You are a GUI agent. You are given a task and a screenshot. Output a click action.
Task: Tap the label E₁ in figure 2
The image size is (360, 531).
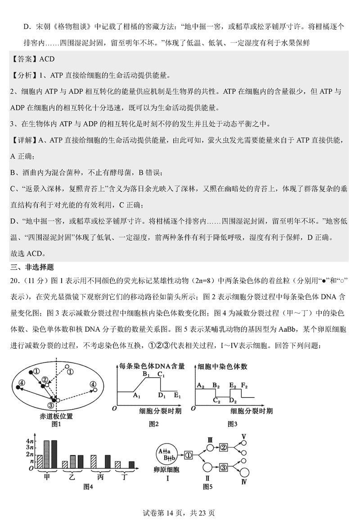tap(177, 396)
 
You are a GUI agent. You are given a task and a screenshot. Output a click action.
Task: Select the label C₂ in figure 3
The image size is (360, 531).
tap(216, 401)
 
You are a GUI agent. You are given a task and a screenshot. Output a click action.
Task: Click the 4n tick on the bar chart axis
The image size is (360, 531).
tap(30, 440)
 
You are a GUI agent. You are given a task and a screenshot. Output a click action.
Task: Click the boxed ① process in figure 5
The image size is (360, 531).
tap(189, 455)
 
